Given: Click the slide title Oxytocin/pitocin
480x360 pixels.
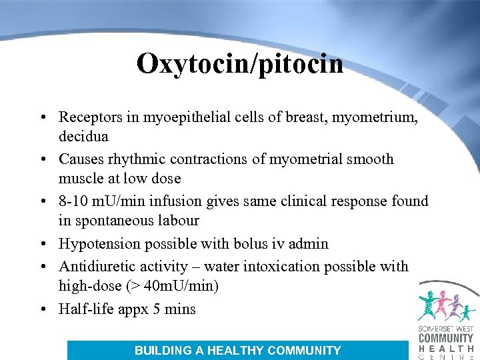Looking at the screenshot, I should click(x=240, y=64).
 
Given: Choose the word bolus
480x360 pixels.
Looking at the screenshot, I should click(x=254, y=243).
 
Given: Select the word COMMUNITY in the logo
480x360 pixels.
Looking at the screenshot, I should click(x=446, y=337).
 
